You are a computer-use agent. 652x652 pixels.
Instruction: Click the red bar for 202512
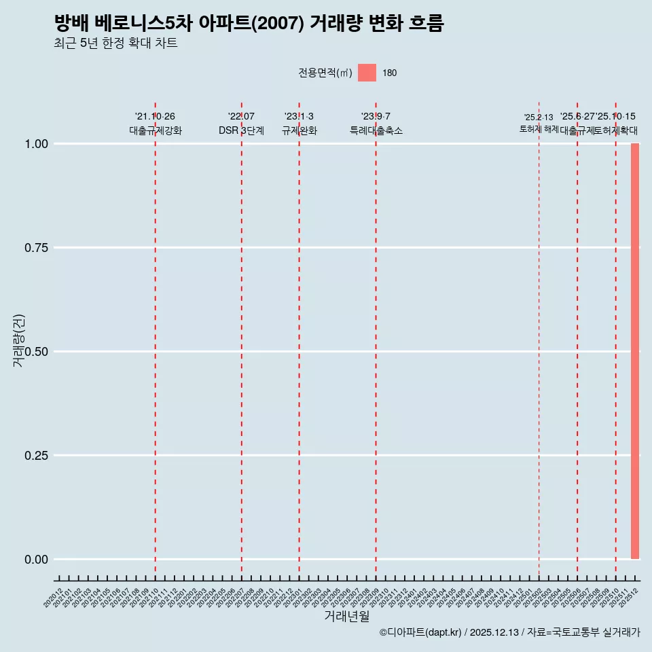(635, 351)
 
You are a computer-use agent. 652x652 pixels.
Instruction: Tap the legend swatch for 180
(367, 73)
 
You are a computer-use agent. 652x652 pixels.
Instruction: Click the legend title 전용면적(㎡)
(325, 73)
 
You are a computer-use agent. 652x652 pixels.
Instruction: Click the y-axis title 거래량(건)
(19, 340)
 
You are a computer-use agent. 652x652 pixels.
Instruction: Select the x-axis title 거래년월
(347, 617)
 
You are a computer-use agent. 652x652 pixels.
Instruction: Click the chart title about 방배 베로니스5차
(249, 24)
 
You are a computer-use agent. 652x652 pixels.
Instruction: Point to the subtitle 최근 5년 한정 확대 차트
(115, 43)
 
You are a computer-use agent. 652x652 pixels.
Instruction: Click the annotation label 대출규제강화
(156, 130)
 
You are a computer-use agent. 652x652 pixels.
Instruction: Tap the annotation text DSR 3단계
(241, 130)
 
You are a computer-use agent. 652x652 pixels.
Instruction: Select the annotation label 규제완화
(299, 130)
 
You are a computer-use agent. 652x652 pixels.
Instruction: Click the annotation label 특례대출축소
(376, 130)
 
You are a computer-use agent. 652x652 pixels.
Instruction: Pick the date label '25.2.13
(539, 117)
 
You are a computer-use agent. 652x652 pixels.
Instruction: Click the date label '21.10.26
(156, 117)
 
